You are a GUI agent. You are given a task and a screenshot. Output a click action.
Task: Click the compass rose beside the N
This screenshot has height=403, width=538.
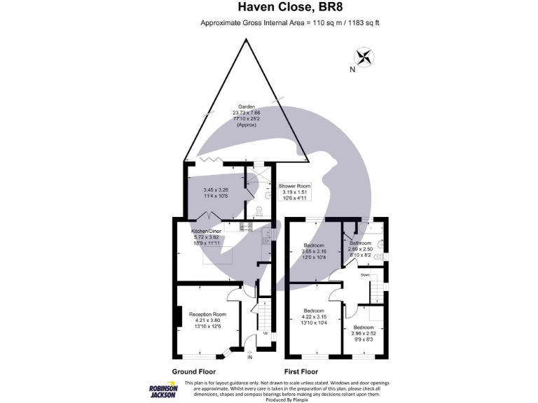coord(364,56)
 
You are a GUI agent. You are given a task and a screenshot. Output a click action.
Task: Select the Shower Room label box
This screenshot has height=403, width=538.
coord(294,192)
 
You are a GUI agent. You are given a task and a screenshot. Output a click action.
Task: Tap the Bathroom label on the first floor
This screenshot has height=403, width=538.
coord(360,248)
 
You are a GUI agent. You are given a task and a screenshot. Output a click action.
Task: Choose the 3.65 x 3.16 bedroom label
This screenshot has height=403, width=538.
coord(313,250)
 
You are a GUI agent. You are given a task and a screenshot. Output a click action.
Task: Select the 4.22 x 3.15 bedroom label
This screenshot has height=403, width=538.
coord(313,315)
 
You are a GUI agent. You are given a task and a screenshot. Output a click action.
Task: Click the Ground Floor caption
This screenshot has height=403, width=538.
coord(194,372)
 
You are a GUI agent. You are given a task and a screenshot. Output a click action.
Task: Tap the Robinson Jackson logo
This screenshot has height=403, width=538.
coord(163,390)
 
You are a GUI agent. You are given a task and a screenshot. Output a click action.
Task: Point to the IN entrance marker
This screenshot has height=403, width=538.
coord(250,358)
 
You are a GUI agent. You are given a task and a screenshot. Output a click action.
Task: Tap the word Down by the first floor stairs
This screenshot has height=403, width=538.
coord(365,275)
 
